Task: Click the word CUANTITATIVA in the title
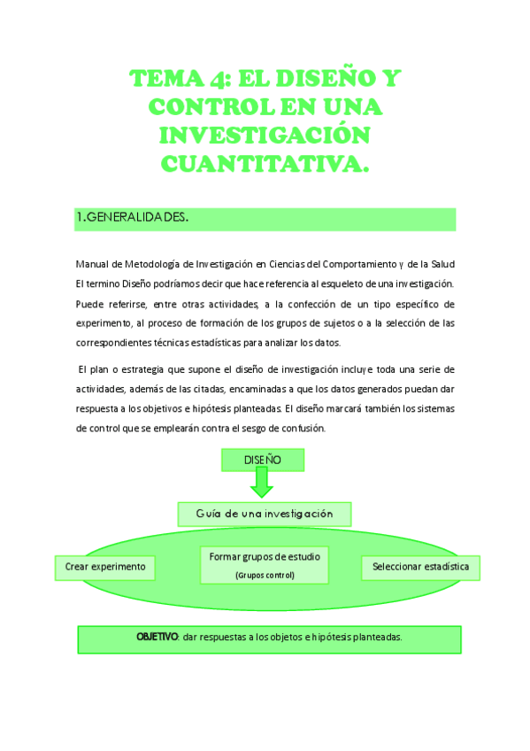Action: (x=265, y=164)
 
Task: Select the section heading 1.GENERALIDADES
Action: (x=132, y=218)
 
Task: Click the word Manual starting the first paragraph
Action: (x=91, y=264)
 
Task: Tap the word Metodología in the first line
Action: (x=154, y=264)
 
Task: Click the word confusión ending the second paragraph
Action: (x=304, y=429)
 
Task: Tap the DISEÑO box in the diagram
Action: (x=263, y=460)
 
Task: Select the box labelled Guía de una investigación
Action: (x=264, y=514)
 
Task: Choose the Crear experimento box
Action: (x=105, y=567)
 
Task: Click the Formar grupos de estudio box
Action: (x=264, y=564)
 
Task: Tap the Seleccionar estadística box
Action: (x=420, y=567)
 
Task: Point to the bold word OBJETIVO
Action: (x=157, y=637)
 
